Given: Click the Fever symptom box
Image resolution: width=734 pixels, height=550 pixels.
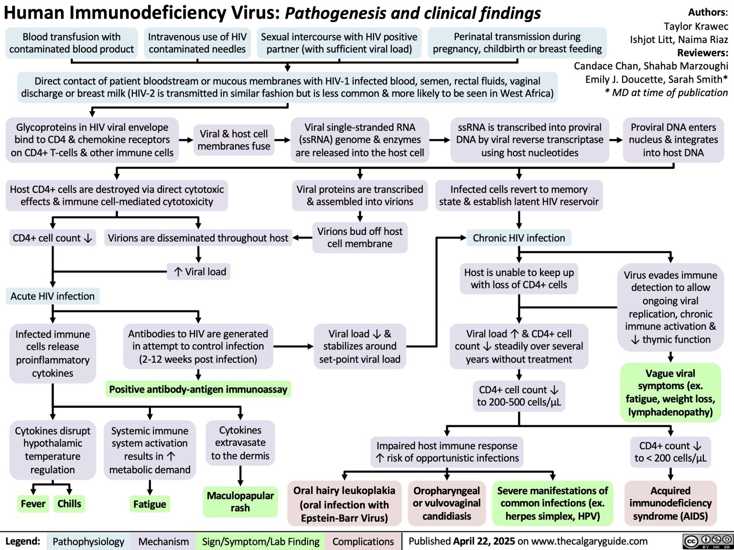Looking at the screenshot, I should (33, 504).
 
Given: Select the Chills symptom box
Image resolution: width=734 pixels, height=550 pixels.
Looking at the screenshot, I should (69, 504).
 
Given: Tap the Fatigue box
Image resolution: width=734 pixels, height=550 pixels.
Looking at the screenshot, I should (150, 504).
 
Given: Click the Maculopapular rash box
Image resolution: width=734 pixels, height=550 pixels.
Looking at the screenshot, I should (240, 501).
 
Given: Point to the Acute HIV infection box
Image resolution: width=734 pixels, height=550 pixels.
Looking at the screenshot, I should (53, 296).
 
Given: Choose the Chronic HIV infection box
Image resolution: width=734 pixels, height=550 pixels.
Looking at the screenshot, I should (518, 238).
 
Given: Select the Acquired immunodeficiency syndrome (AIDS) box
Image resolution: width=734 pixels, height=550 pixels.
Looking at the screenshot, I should (670, 503).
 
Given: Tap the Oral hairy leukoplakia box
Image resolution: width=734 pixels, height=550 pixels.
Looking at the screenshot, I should (344, 504).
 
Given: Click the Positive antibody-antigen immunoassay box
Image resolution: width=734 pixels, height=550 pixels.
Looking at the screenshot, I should (198, 389).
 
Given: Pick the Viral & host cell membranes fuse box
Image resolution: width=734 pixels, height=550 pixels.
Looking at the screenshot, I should (234, 140).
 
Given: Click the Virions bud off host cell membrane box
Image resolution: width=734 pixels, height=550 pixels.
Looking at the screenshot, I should (360, 237).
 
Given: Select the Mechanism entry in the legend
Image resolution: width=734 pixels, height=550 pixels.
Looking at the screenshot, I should (163, 541).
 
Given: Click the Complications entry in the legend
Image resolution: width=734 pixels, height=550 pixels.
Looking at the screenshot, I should (363, 541).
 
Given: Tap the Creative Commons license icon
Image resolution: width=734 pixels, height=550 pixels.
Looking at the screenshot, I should (708, 541).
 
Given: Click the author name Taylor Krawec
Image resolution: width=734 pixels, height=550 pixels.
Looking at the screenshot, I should (696, 26).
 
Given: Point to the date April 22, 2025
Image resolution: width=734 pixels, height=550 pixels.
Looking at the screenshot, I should (484, 541).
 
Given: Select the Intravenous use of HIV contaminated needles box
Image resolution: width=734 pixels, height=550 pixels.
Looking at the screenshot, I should (197, 43).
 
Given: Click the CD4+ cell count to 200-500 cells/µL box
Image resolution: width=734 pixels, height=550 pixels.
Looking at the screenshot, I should (518, 396).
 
